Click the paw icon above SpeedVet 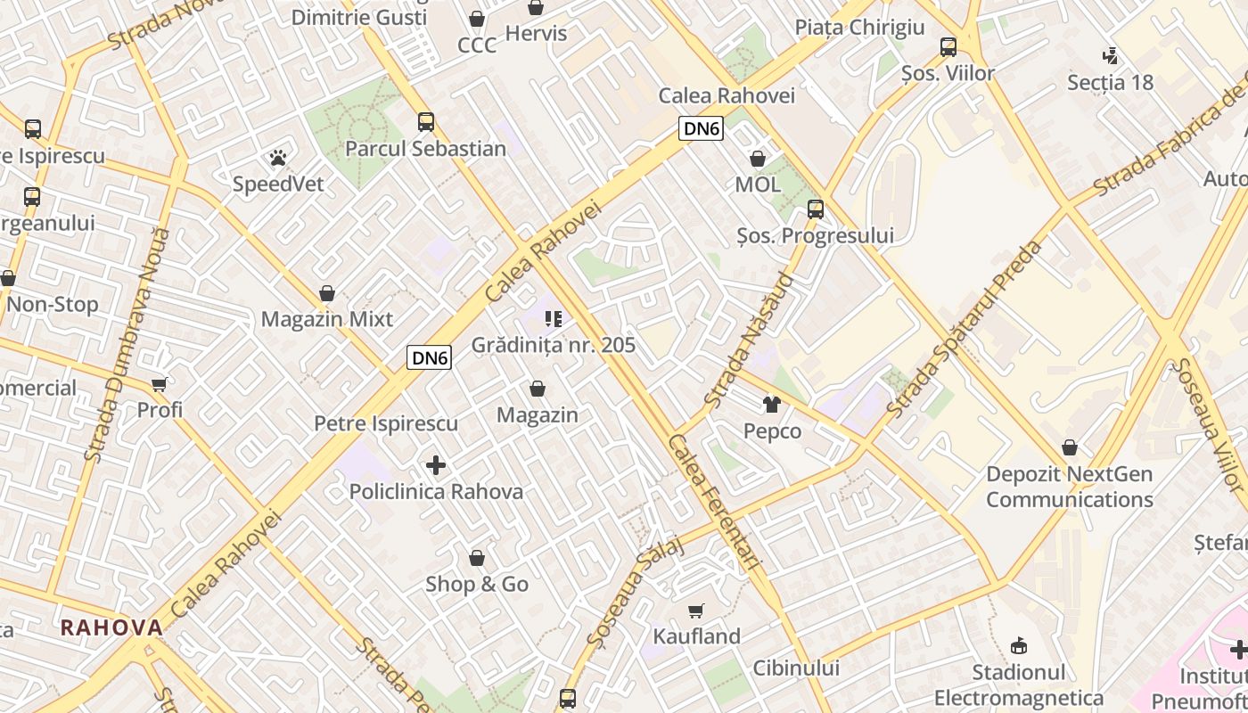278,159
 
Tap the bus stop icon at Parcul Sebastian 426,122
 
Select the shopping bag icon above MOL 758,160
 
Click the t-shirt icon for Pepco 772,405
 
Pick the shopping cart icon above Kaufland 696,611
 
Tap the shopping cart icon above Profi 160,384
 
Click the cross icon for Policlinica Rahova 436,465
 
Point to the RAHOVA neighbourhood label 112,627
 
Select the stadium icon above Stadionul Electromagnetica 1019,645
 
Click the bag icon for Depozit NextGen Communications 1070,447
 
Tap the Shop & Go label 477,585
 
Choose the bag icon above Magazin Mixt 327,293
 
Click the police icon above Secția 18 1110,56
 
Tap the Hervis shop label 536,34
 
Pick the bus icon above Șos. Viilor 948,47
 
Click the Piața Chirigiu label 860,28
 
